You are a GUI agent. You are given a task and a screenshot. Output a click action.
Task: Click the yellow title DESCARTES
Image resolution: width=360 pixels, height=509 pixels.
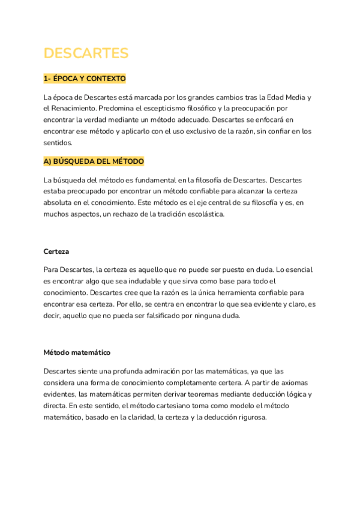pyautogui.click(x=86, y=53)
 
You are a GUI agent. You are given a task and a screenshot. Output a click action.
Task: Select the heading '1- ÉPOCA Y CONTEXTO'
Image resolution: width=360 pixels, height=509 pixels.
pyautogui.click(x=85, y=79)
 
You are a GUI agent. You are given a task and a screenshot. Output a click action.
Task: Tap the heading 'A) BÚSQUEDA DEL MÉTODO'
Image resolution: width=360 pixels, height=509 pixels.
pyautogui.click(x=94, y=162)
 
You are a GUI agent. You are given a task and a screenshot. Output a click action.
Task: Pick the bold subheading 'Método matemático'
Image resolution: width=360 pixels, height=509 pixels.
pyautogui.click(x=77, y=352)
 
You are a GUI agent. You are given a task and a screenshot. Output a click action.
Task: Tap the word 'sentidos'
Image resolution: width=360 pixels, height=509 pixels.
pyautogui.click(x=58, y=143)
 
